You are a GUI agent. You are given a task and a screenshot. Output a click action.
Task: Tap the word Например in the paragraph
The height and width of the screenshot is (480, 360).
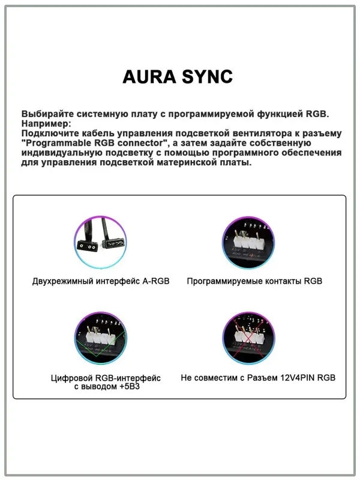coord(44,123)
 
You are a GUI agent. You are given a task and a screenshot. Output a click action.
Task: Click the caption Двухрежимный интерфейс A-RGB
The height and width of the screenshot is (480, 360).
coord(101,281)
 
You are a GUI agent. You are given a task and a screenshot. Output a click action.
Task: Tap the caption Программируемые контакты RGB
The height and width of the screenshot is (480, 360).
coord(254,281)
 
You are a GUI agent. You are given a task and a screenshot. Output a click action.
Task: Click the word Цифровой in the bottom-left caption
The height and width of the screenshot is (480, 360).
coord(71,378)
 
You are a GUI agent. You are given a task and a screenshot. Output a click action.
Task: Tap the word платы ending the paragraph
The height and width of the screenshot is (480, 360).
coord(237,163)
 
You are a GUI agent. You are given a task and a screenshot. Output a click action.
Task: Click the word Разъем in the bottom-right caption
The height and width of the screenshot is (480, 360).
coord(259,378)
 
